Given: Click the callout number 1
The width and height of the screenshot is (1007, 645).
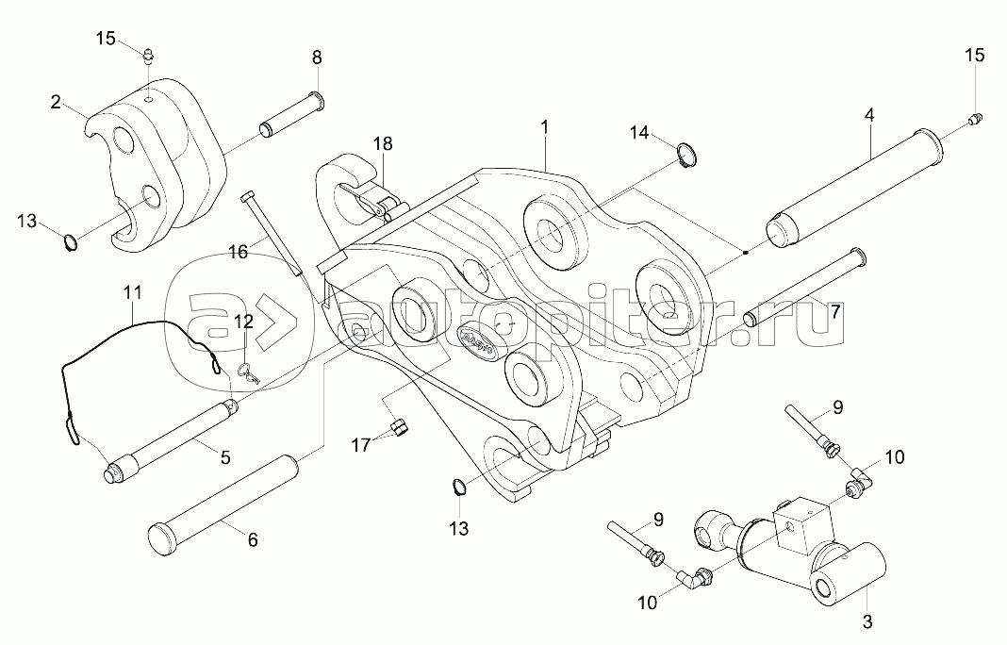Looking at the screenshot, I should [543, 125].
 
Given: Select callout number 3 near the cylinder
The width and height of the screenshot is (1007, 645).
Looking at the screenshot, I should [868, 621].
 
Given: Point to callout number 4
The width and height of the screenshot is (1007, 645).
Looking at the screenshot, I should [868, 115].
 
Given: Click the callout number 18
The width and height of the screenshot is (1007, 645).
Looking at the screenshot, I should [382, 144].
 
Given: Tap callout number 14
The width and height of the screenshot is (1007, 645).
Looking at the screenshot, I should [640, 133].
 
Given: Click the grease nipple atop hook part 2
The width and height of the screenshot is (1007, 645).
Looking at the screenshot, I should [147, 59].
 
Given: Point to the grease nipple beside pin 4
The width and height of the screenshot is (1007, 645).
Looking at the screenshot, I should [976, 118].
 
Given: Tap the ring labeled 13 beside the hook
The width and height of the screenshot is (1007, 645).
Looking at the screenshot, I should [69, 243].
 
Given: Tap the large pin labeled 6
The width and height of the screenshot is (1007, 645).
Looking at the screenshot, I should [221, 494].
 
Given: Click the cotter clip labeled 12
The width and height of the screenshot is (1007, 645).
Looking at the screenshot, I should [249, 372].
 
